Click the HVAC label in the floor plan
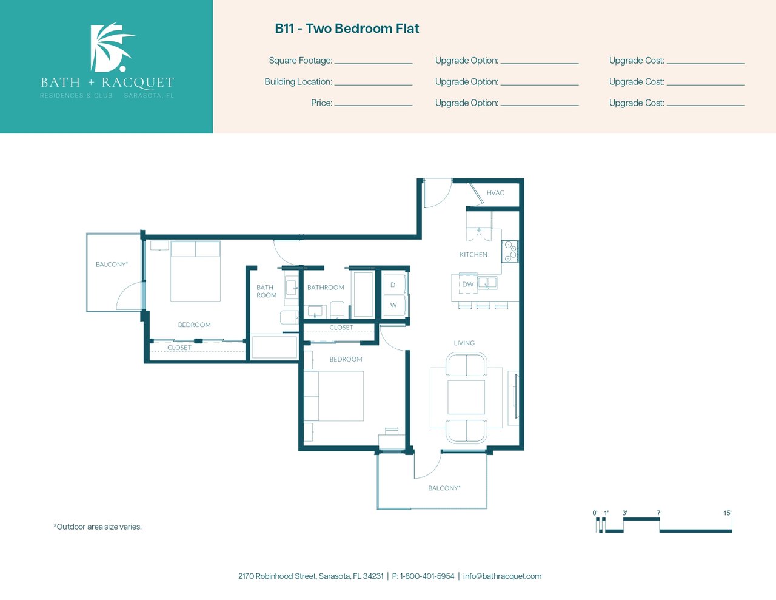[495, 193]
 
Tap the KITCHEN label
[473, 254]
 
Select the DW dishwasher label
[467, 285]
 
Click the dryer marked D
[393, 285]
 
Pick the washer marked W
[393, 305]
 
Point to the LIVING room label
[464, 343]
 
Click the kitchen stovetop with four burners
[510, 251]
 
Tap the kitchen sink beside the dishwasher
[487, 283]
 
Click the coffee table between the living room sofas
[466, 397]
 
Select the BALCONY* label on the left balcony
[112, 265]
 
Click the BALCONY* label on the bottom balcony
[444, 488]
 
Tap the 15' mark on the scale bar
[727, 513]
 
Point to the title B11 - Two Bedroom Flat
[347, 29]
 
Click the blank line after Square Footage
[373, 64]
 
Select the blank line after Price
[373, 106]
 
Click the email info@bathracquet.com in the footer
[502, 576]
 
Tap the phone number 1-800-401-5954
[427, 576]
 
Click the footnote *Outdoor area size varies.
[98, 527]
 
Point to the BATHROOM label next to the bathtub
[326, 288]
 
